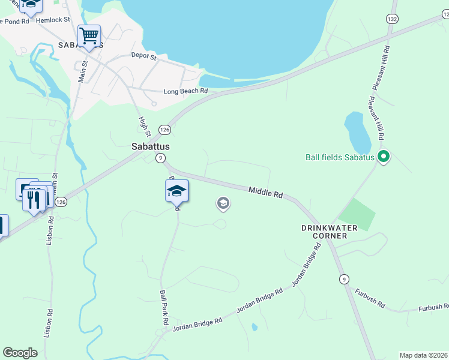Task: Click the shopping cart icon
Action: (x=89, y=35)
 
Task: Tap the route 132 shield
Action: (x=392, y=19)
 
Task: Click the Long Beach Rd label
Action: (x=185, y=91)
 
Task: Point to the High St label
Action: (x=143, y=126)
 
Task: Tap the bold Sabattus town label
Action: (x=151, y=146)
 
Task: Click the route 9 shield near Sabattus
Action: (x=160, y=158)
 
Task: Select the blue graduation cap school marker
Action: (x=177, y=191)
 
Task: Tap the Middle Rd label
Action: (x=266, y=193)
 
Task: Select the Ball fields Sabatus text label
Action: (x=340, y=158)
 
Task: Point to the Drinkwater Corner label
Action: (x=329, y=232)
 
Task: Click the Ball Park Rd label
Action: (x=163, y=307)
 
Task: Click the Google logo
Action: (x=20, y=353)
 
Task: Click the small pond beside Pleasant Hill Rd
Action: (x=357, y=132)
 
